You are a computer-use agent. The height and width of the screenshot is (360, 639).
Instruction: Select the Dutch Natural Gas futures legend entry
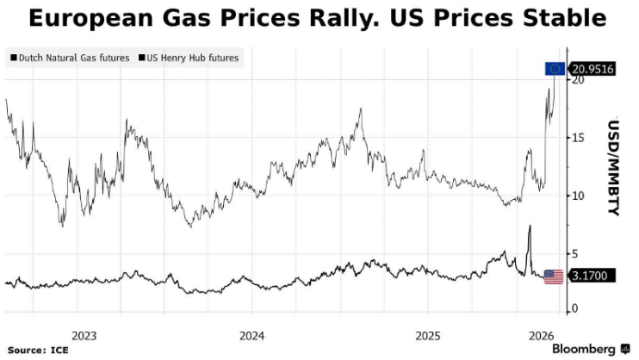point(70,58)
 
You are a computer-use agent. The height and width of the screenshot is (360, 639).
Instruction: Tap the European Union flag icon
point(555,69)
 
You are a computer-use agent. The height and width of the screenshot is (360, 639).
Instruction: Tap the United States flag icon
point(554,277)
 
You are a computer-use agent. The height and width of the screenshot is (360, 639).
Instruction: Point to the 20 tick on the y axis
point(579,80)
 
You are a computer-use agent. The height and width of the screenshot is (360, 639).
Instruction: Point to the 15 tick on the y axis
point(579,138)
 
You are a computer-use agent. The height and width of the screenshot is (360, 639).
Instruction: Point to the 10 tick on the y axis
point(579,196)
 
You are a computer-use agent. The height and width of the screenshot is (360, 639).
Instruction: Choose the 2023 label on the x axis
point(84,335)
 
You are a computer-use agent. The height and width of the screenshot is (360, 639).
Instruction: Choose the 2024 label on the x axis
point(252,335)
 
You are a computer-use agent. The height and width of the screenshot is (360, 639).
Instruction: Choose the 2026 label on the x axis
point(541,335)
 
